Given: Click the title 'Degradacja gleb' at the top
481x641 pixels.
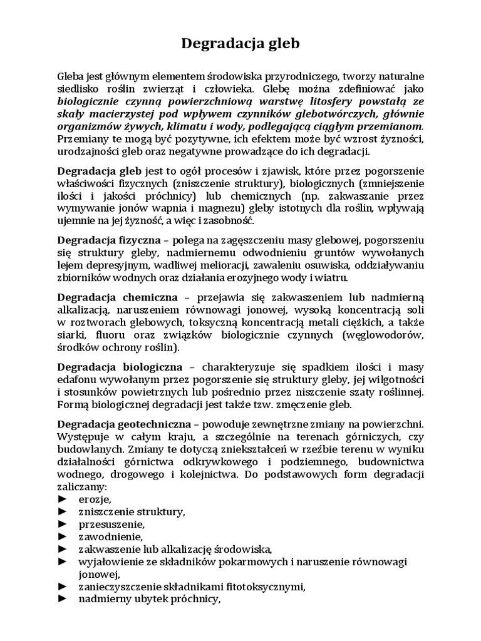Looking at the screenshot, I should point(240,44).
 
